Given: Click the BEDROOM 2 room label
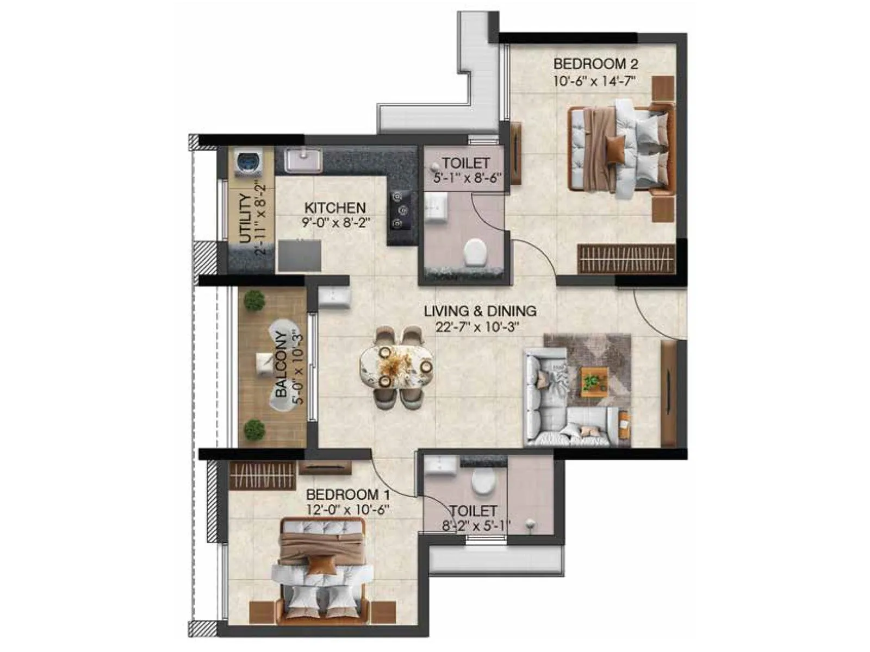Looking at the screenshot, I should (595, 64).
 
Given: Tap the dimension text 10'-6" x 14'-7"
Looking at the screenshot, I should (595, 81).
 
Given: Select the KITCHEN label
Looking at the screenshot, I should (334, 208).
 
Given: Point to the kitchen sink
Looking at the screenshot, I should (303, 160).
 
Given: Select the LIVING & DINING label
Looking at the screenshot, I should (480, 311).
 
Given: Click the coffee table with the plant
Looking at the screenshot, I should (594, 380).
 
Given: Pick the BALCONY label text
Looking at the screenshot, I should (281, 364).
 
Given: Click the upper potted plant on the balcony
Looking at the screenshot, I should (254, 300).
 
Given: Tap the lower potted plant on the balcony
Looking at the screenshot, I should (254, 430).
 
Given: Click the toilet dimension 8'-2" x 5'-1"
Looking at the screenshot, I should (476, 525).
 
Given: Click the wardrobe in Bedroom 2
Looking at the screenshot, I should (626, 259).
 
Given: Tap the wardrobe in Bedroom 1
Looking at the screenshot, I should (262, 475).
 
